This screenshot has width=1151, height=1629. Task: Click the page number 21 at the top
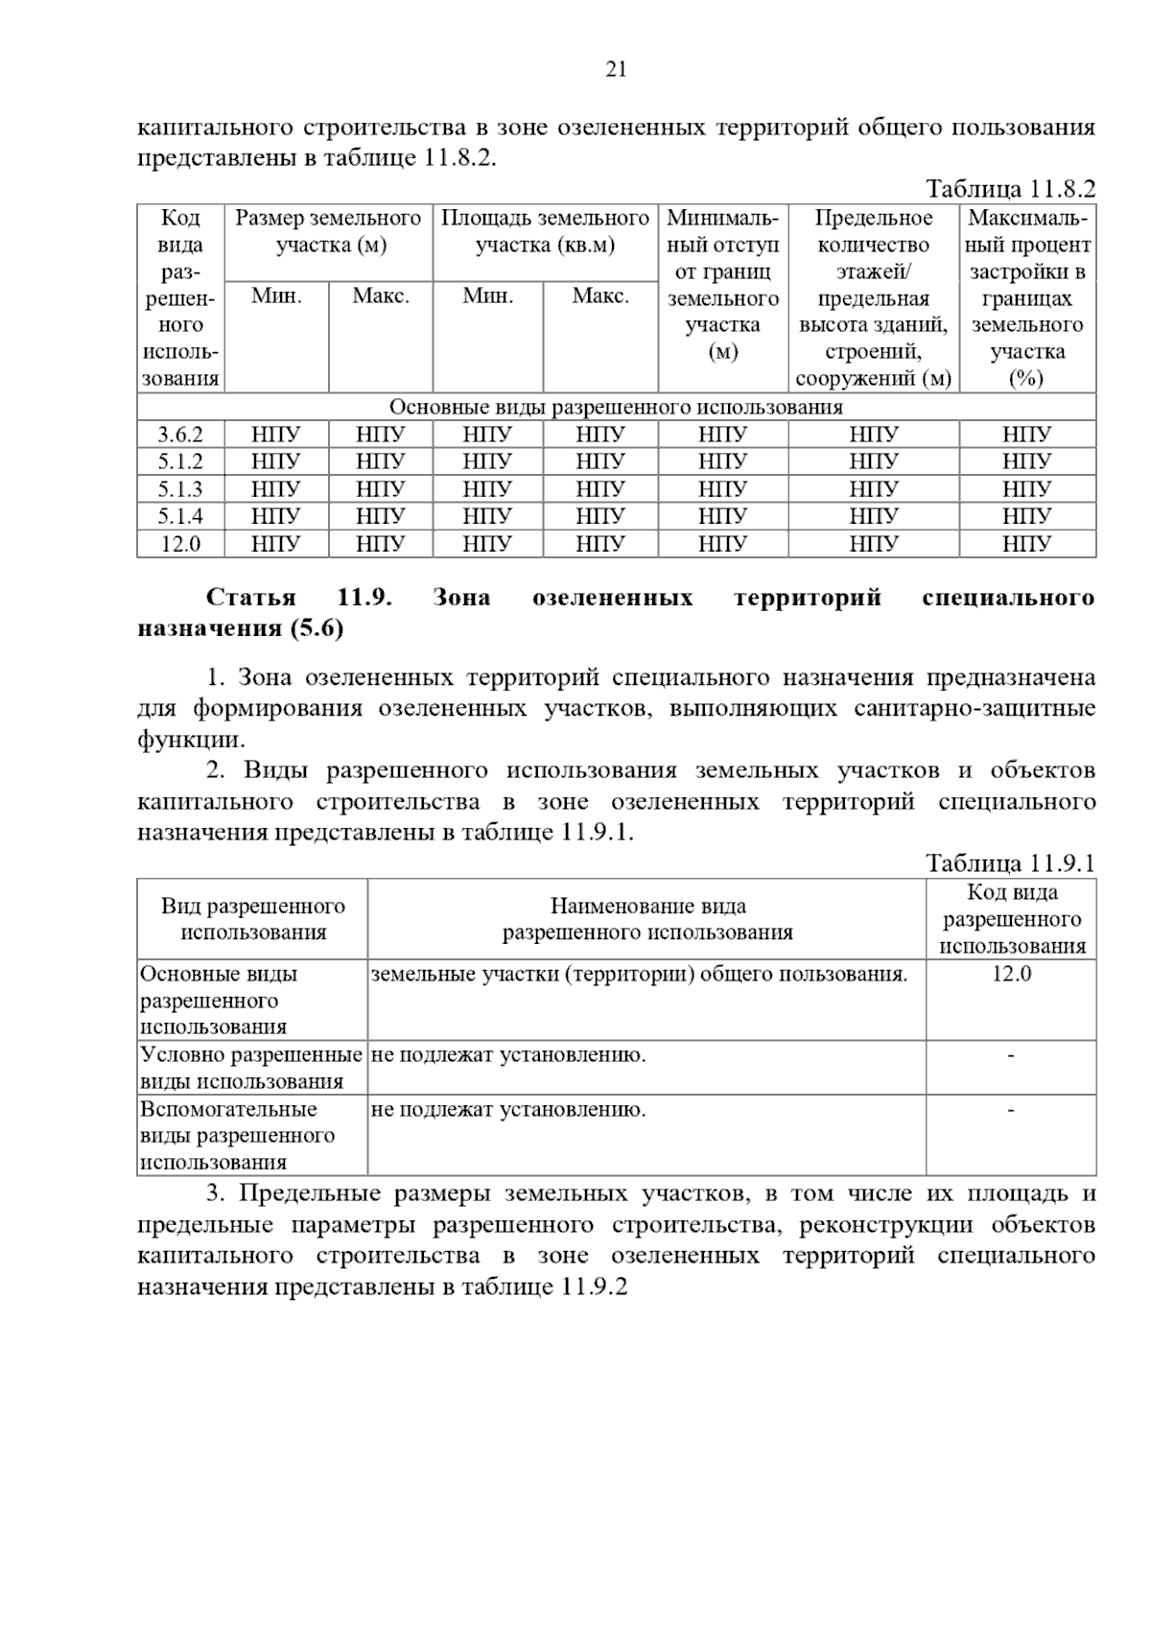[x=616, y=69]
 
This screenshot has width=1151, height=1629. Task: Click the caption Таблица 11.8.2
[x=1010, y=189]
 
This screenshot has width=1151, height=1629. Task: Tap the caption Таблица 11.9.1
[x=1010, y=862]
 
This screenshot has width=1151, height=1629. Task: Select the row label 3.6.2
[x=180, y=435]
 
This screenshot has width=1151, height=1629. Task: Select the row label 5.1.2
[x=180, y=461]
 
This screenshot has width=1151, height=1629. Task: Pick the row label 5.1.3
[x=180, y=489]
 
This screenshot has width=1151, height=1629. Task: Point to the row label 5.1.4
[x=180, y=516]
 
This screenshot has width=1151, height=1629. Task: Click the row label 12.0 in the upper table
[x=180, y=544]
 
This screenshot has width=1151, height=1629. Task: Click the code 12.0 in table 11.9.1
[x=1011, y=974]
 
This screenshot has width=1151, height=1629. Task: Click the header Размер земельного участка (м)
[x=329, y=231]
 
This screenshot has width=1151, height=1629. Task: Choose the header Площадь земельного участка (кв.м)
[x=545, y=231]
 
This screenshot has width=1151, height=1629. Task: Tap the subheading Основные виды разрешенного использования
[x=616, y=407]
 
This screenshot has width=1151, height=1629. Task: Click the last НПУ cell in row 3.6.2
[x=1026, y=435]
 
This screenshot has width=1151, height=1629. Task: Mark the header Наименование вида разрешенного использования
[x=647, y=919]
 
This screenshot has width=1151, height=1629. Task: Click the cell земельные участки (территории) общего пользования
[x=639, y=975]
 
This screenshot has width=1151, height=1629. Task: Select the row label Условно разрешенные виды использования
[x=251, y=1068]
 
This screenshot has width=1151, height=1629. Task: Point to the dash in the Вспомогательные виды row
[x=1011, y=1110]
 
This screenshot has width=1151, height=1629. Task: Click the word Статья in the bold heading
[x=251, y=598]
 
